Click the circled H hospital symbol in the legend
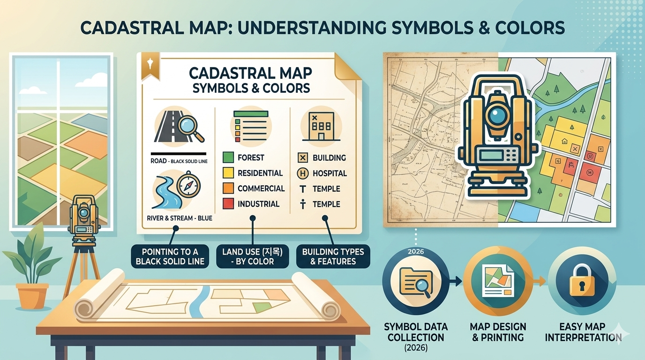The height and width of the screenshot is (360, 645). [303, 173]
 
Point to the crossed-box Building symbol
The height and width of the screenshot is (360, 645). [303, 158]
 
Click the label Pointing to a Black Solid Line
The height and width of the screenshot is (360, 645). [170, 256]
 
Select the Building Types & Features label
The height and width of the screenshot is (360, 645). [333, 256]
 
